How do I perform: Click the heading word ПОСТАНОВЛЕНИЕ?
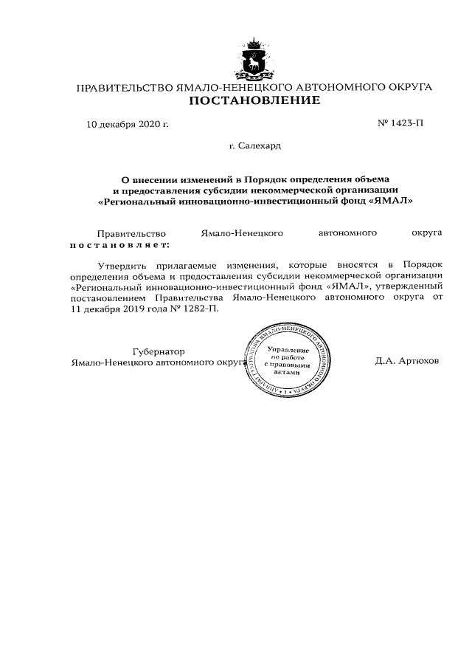254,100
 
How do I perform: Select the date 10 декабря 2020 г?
128,124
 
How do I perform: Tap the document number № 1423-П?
400,124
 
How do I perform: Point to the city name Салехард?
260,147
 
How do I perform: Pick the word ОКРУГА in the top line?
404,88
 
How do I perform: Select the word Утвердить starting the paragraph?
122,264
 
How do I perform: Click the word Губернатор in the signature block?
158,351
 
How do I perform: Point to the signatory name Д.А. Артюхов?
407,362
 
